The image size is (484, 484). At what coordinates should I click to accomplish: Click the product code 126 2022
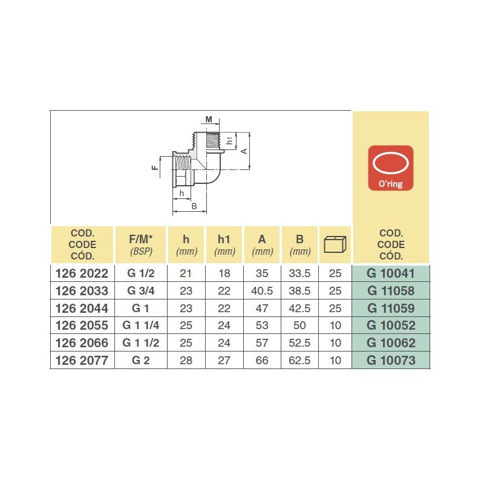pos(82,273)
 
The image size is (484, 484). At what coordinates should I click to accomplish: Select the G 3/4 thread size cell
pos(141,290)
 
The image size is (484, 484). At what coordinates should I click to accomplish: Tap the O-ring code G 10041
pos(391,273)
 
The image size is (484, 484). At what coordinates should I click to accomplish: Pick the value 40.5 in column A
pos(262,290)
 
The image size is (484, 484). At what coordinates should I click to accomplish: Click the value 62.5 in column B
pos(300,361)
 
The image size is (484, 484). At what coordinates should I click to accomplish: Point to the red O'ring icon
pos(390,167)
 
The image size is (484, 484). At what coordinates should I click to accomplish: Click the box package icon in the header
pos(336,244)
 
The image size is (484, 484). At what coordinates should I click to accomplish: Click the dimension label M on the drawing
pos(209,120)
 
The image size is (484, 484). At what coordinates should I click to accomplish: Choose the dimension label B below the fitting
pos(194,206)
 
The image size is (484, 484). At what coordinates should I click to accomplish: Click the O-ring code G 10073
pos(391,361)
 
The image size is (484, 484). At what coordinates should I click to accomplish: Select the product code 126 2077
pos(82,361)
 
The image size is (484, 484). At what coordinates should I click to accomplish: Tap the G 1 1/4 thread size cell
pos(141,325)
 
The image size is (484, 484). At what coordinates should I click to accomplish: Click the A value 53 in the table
pos(262,325)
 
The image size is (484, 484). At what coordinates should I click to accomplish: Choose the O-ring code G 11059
pos(391,308)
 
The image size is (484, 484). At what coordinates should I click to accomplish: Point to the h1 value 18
pos(224,273)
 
